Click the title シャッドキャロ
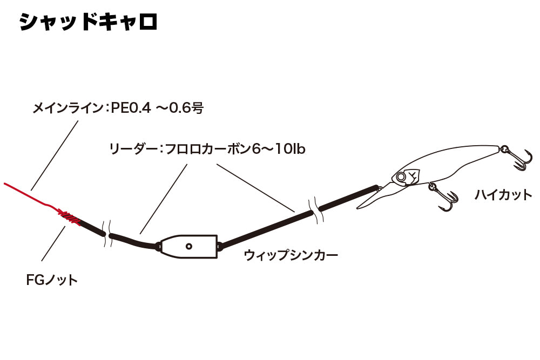point(88,22)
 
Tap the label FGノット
point(52,280)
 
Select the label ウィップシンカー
point(291,255)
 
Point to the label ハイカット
point(503,195)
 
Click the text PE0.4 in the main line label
point(131,108)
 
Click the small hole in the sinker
point(188,246)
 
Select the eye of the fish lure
point(401,177)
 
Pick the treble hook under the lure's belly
point(445,198)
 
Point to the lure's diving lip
point(375,196)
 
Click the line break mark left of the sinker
point(107,234)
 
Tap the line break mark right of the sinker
point(316,210)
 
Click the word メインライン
point(67,108)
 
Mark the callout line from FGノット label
point(53,243)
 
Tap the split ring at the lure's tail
point(504,150)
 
